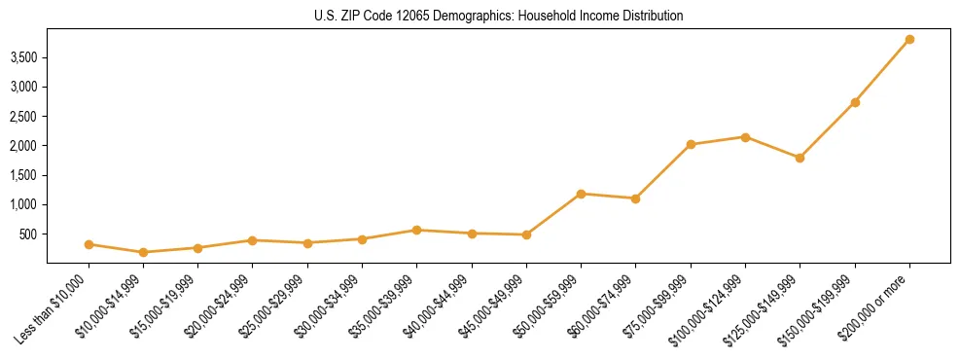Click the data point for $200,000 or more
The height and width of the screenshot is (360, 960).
(x=909, y=39)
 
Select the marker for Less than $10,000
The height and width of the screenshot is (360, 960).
(x=89, y=244)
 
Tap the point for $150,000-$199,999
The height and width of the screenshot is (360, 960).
(x=855, y=102)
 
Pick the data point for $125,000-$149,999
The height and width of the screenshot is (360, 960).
(x=800, y=158)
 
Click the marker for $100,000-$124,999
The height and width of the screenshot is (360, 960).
(x=745, y=137)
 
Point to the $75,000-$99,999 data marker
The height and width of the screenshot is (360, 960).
(x=691, y=144)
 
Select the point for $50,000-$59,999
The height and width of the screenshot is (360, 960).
(x=581, y=194)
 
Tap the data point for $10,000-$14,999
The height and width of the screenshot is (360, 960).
(x=143, y=252)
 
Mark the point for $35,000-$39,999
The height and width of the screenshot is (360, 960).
(x=416, y=230)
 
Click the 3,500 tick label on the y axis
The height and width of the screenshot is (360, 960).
(x=23, y=57)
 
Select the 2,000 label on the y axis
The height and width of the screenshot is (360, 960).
(x=23, y=146)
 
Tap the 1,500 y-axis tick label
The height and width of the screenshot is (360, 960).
(x=23, y=175)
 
